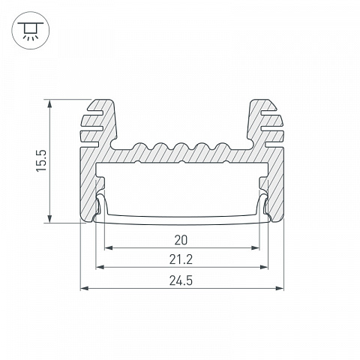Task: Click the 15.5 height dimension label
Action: [41, 160]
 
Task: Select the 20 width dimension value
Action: [181, 240]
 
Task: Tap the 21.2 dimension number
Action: [181, 259]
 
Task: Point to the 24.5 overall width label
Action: [181, 280]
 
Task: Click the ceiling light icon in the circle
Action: [31, 31]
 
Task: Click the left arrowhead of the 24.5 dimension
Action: [84, 288]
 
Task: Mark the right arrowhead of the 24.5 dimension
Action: [280, 288]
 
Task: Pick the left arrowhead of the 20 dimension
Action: [108, 248]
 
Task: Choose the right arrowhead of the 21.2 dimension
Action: [264, 267]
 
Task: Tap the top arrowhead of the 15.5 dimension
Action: [50, 103]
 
